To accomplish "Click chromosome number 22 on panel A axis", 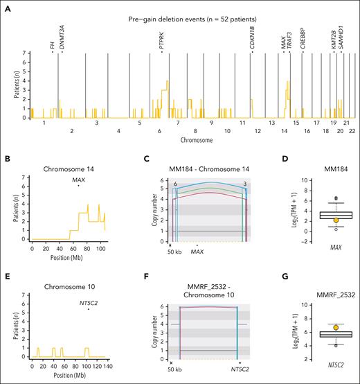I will coord(352,130).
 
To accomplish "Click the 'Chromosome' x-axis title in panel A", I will coord(188,139).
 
